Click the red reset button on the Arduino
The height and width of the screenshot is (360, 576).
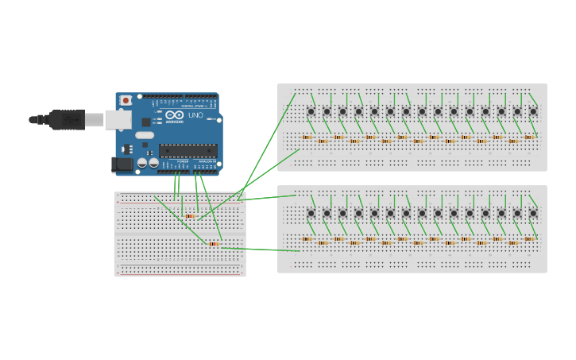(x=126, y=101)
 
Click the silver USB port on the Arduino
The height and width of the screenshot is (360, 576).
(x=117, y=120)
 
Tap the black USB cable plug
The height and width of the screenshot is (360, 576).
(x=67, y=119)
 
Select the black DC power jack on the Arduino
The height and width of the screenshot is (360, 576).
(x=121, y=164)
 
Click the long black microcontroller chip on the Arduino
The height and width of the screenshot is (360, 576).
(x=187, y=150)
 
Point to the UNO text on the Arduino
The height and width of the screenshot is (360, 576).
(x=195, y=116)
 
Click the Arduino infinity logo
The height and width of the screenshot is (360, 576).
(x=174, y=116)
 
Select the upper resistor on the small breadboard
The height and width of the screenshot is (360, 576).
(x=189, y=215)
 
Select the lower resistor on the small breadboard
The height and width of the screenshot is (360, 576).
(x=213, y=243)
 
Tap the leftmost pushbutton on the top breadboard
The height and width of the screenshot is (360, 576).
(x=311, y=111)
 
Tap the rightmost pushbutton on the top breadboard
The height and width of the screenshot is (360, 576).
(x=533, y=111)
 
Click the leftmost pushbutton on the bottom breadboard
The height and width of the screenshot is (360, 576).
(x=311, y=213)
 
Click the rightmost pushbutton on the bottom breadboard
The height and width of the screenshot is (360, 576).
(x=533, y=213)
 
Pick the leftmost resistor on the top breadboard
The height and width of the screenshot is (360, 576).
(x=307, y=137)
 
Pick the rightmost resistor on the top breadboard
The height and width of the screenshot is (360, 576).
(x=529, y=137)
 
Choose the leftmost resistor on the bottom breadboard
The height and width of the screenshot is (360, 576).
(x=307, y=238)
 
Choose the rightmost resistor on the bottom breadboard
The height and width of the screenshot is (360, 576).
(x=529, y=238)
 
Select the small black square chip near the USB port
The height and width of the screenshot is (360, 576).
(x=146, y=122)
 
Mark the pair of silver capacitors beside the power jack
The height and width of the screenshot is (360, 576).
(x=148, y=163)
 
